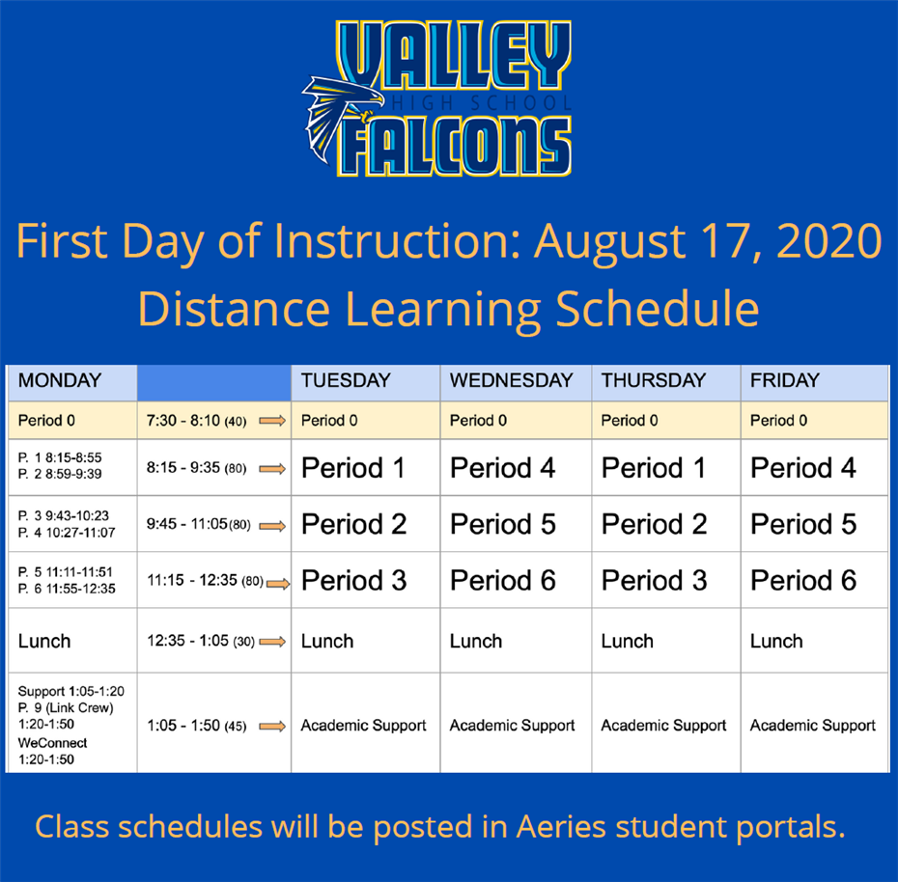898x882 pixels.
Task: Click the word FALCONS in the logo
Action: [457, 147]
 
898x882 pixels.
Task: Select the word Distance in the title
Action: [234, 309]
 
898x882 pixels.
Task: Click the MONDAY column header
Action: [60, 380]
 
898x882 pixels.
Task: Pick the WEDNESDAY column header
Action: [511, 380]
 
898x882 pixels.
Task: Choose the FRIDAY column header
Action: [785, 380]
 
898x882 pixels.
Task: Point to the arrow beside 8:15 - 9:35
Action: [272, 469]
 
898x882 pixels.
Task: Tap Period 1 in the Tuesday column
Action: [353, 468]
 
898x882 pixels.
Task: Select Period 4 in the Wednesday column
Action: [502, 468]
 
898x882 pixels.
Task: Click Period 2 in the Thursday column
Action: [654, 524]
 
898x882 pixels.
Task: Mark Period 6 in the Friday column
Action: [803, 580]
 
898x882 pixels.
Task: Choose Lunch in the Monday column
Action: [44, 641]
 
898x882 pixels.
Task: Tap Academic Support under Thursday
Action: [663, 726]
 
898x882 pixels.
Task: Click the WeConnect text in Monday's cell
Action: [52, 743]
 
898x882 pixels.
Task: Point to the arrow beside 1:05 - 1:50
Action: [272, 727]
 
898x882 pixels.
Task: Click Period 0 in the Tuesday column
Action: [329, 421]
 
